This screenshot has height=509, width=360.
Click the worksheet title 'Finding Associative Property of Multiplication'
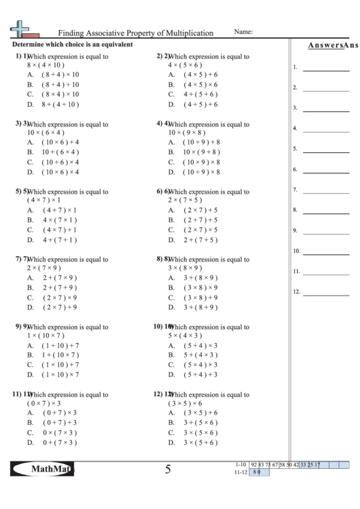pyautogui.click(x=136, y=33)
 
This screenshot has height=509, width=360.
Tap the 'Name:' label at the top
pyautogui.click(x=243, y=32)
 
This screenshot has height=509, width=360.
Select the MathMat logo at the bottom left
pyautogui.click(x=42, y=469)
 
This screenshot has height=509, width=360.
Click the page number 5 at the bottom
pyautogui.click(x=167, y=470)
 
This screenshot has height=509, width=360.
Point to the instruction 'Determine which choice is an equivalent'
pyautogui.click(x=72, y=45)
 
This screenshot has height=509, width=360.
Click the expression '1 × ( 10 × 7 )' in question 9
pyautogui.click(x=46, y=336)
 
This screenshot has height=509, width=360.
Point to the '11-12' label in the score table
pyautogui.click(x=238, y=472)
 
